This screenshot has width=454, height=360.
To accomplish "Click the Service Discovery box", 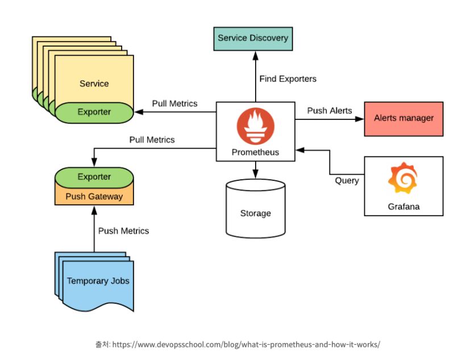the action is pyautogui.click(x=253, y=39).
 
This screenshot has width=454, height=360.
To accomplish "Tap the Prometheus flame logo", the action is pyautogui.click(x=255, y=127).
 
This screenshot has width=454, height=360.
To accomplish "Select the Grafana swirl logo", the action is pyautogui.click(x=403, y=177).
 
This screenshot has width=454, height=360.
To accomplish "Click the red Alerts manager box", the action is pyautogui.click(x=403, y=119).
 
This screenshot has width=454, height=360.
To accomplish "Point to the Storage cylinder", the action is pyautogui.click(x=255, y=208).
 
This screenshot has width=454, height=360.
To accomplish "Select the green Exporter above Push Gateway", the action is pyautogui.click(x=94, y=177).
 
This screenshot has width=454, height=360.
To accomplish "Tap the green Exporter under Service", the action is pyautogui.click(x=94, y=112).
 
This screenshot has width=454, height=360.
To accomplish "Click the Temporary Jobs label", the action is pyautogui.click(x=98, y=281).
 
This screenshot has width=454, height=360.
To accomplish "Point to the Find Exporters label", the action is pyautogui.click(x=288, y=79).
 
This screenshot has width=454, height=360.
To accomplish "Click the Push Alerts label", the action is pyautogui.click(x=330, y=110).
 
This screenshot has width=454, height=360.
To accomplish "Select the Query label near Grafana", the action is pyautogui.click(x=347, y=181).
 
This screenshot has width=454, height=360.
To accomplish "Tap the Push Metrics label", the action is pyautogui.click(x=124, y=231).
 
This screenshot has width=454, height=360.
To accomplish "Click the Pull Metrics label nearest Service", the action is pyautogui.click(x=175, y=104).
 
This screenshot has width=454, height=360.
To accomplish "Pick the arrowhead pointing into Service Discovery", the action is pyautogui.click(x=255, y=56).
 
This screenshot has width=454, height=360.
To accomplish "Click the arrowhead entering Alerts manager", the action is pyautogui.click(x=360, y=119).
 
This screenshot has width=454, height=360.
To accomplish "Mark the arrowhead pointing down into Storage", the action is pyautogui.click(x=255, y=174).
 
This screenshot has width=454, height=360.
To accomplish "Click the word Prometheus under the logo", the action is pyautogui.click(x=255, y=152).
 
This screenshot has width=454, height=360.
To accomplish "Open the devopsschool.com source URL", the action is pyautogui.click(x=246, y=344).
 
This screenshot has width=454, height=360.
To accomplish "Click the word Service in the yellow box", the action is pyautogui.click(x=94, y=84).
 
